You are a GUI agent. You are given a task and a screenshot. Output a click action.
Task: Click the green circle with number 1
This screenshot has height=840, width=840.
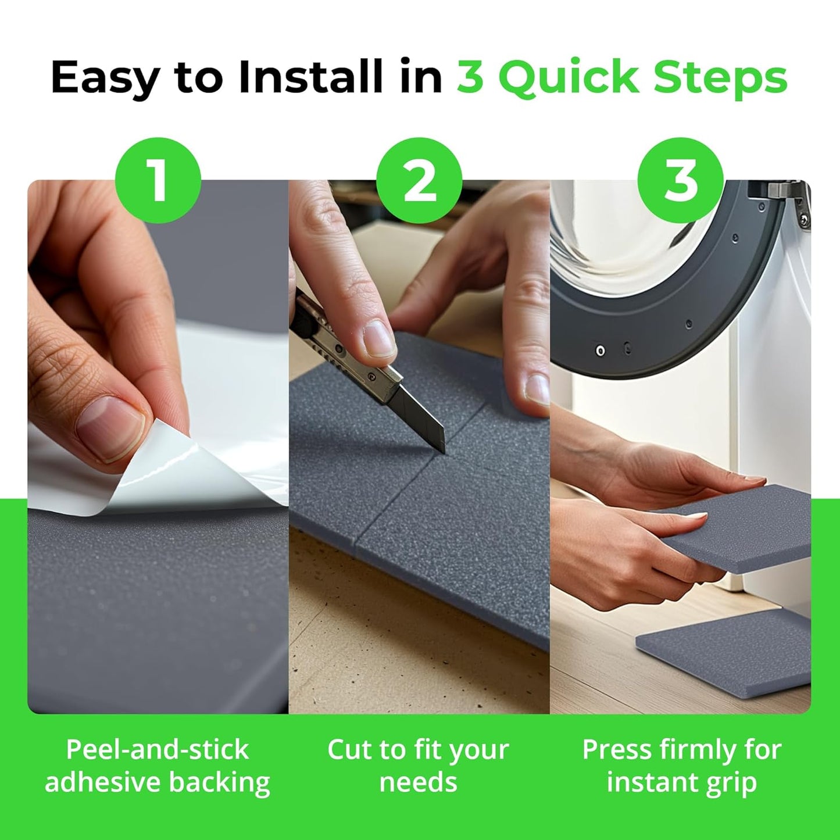[x=158, y=180]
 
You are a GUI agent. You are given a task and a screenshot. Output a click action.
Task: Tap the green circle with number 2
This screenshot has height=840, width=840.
[x=419, y=180]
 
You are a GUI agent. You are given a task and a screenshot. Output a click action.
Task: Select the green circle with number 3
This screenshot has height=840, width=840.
[x=680, y=180]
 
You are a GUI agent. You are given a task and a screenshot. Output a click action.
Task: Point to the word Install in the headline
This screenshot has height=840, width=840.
[x=311, y=77]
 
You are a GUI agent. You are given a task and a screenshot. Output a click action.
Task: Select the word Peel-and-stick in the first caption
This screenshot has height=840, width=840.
[x=157, y=749]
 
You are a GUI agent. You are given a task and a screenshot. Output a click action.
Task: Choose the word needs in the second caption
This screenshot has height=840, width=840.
[x=419, y=782]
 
